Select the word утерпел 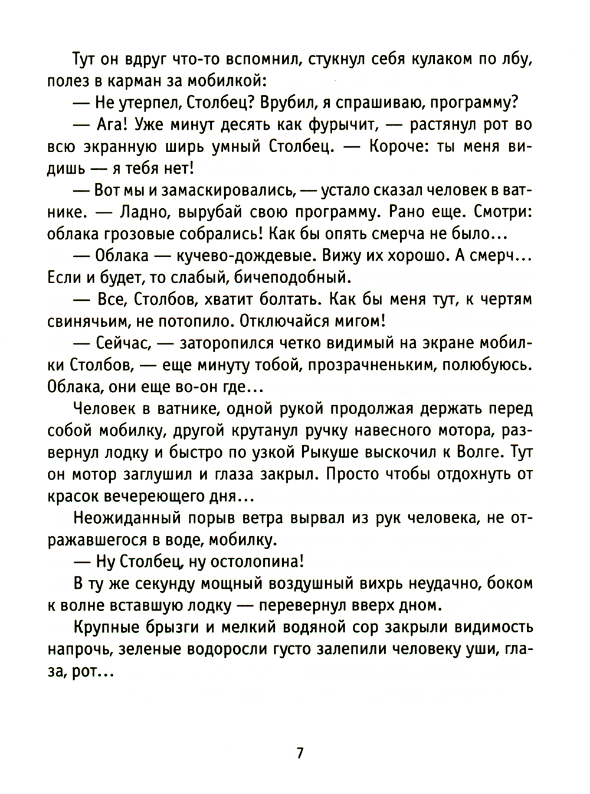146,103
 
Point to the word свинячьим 83,321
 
